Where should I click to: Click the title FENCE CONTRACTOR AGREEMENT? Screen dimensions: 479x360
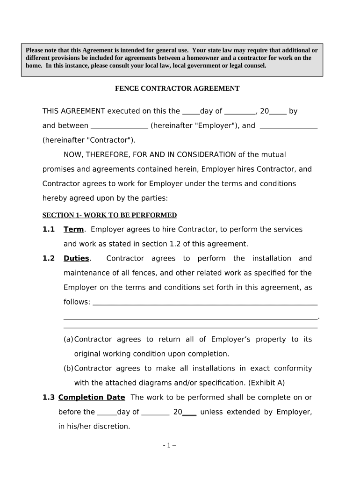click(x=177, y=88)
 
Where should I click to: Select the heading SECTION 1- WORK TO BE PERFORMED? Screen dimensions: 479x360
click(x=109, y=215)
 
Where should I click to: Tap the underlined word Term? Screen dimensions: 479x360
click(x=73, y=229)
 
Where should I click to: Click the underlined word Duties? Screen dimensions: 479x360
click(x=76, y=258)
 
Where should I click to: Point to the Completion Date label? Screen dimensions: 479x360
click(x=92, y=397)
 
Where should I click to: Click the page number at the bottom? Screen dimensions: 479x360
click(x=170, y=445)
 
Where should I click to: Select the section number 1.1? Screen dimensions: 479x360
click(x=49, y=229)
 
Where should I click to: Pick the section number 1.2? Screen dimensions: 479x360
click(x=49, y=258)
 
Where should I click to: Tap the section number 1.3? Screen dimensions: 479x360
click(x=49, y=397)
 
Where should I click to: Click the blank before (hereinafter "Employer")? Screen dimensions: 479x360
click(x=119, y=126)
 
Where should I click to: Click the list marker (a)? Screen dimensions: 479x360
click(x=68, y=339)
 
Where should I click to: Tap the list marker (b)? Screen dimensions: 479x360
click(x=68, y=368)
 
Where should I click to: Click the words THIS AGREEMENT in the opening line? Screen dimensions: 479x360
click(x=74, y=111)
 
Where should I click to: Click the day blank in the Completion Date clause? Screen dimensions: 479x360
click(x=107, y=412)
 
